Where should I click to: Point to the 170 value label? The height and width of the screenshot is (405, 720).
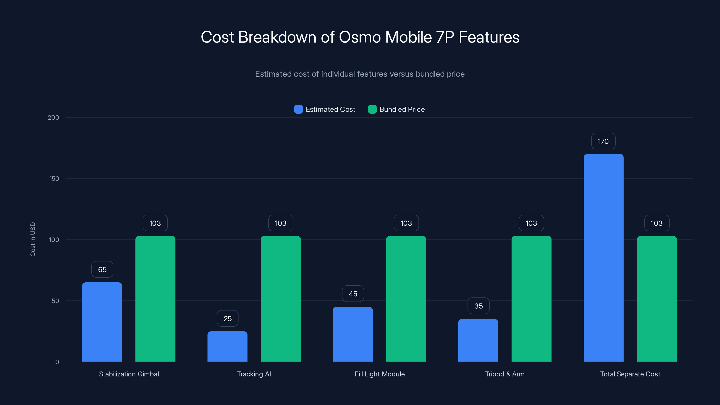click(x=603, y=142)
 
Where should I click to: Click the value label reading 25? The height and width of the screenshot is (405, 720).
click(x=227, y=319)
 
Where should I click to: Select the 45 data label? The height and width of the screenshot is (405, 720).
click(x=353, y=294)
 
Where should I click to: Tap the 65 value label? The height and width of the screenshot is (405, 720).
click(x=102, y=270)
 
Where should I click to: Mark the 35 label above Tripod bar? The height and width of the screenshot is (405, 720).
click(x=478, y=306)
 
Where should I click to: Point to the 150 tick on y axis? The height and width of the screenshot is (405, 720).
click(x=54, y=179)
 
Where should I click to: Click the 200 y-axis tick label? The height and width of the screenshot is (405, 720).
click(x=53, y=118)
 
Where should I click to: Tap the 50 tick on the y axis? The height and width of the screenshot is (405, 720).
click(x=55, y=301)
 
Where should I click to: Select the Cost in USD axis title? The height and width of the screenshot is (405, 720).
click(x=33, y=239)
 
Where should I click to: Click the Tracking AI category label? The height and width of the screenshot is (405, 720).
click(x=254, y=374)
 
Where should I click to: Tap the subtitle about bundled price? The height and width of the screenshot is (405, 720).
click(x=360, y=74)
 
